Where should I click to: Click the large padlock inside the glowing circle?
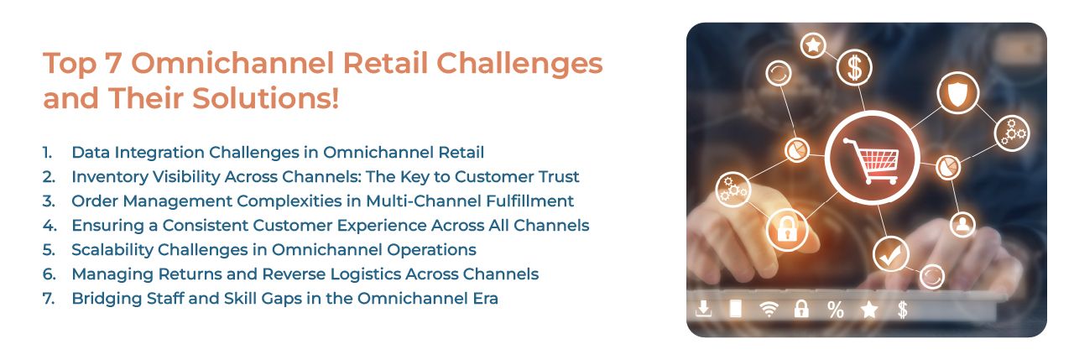tap(786, 230)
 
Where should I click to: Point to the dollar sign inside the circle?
tap(855, 67)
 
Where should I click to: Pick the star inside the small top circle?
tap(812, 45)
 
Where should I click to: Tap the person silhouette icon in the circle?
tap(963, 224)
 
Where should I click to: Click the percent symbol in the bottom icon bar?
tap(835, 310)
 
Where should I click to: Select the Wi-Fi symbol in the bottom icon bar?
tap(769, 310)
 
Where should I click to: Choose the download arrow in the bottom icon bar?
tap(703, 310)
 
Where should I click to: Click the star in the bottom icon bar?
tap(869, 310)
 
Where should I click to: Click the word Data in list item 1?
tap(90, 153)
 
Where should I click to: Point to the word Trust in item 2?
tap(556, 177)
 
